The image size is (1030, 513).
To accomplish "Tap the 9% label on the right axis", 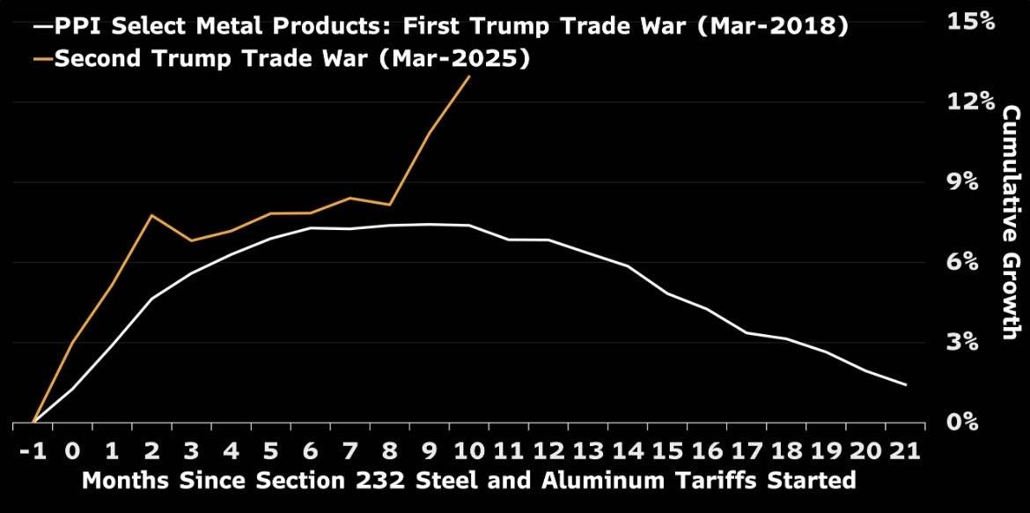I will pyautogui.click(x=976, y=182).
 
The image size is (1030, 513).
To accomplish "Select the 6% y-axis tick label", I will pyautogui.click(x=976, y=262).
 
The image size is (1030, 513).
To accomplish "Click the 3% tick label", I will pyautogui.click(x=976, y=342).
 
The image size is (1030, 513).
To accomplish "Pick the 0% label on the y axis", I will pyautogui.click(x=976, y=422).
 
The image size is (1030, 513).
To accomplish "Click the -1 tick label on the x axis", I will pyautogui.click(x=33, y=451).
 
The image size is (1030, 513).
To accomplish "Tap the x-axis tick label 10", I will pyautogui.click(x=468, y=451).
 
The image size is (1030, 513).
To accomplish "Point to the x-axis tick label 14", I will pyautogui.click(x=627, y=451).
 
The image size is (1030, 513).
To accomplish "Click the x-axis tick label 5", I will pyautogui.click(x=270, y=451).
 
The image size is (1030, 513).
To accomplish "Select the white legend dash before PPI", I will pyautogui.click(x=41, y=27).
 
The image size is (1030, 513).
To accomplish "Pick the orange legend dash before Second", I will pyautogui.click(x=41, y=60).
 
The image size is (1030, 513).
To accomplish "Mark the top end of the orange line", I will pyautogui.click(x=469, y=77).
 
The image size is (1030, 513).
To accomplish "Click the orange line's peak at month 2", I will pyautogui.click(x=151, y=215).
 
